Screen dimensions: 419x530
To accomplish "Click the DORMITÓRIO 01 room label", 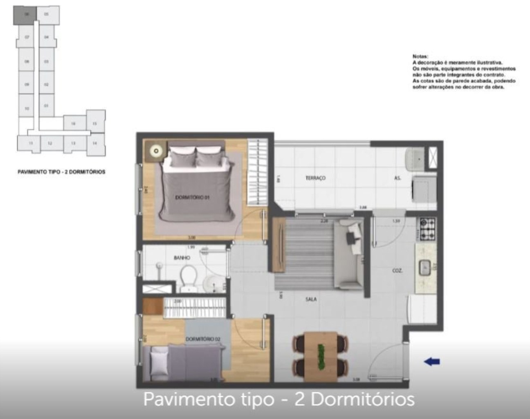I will tap(192, 198).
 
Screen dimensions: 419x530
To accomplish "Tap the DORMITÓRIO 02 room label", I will tap(203, 339).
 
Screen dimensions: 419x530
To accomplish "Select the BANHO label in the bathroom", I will tap(182, 258).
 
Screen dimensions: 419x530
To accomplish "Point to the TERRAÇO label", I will tap(315, 178).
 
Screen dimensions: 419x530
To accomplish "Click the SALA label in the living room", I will tap(311, 299).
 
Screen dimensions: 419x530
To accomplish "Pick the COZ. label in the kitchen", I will tap(397, 270).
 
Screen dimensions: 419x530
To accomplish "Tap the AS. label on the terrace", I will tap(397, 178).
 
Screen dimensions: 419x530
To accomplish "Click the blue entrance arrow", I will tap(432, 361).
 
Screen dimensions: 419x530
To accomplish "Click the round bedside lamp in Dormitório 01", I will tap(156, 151).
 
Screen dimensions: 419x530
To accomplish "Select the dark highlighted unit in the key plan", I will tap(26, 15).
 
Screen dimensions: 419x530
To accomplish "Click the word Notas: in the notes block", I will tap(420, 56).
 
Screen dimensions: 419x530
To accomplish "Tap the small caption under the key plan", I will tap(61, 172).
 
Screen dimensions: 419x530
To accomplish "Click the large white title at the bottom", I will tap(279, 399).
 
